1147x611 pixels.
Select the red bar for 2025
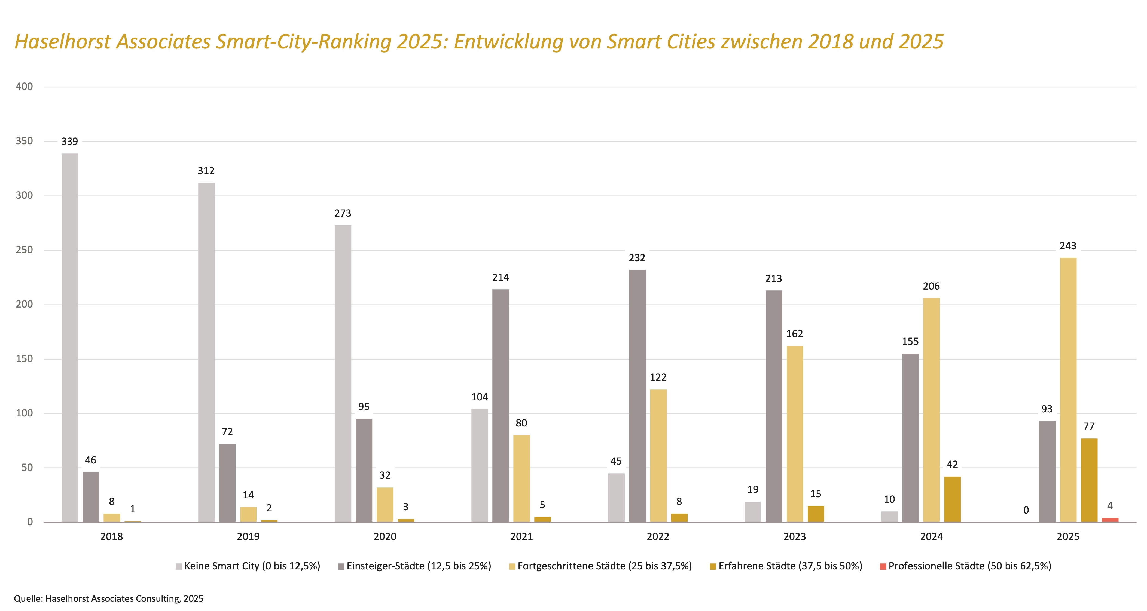[x=1110, y=520]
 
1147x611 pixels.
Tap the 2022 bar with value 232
[x=637, y=396]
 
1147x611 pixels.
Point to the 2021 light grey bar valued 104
[x=480, y=465]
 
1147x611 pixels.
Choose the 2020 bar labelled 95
[x=364, y=470]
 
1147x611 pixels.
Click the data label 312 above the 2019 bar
[x=206, y=171]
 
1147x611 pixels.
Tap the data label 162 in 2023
[x=794, y=334]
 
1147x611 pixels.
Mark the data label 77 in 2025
[x=1089, y=426]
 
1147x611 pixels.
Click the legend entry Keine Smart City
[x=252, y=566]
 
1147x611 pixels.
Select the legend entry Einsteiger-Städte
[x=419, y=566]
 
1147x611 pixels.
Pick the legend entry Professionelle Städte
[x=969, y=566]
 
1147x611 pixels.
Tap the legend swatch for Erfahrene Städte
[x=713, y=566]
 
